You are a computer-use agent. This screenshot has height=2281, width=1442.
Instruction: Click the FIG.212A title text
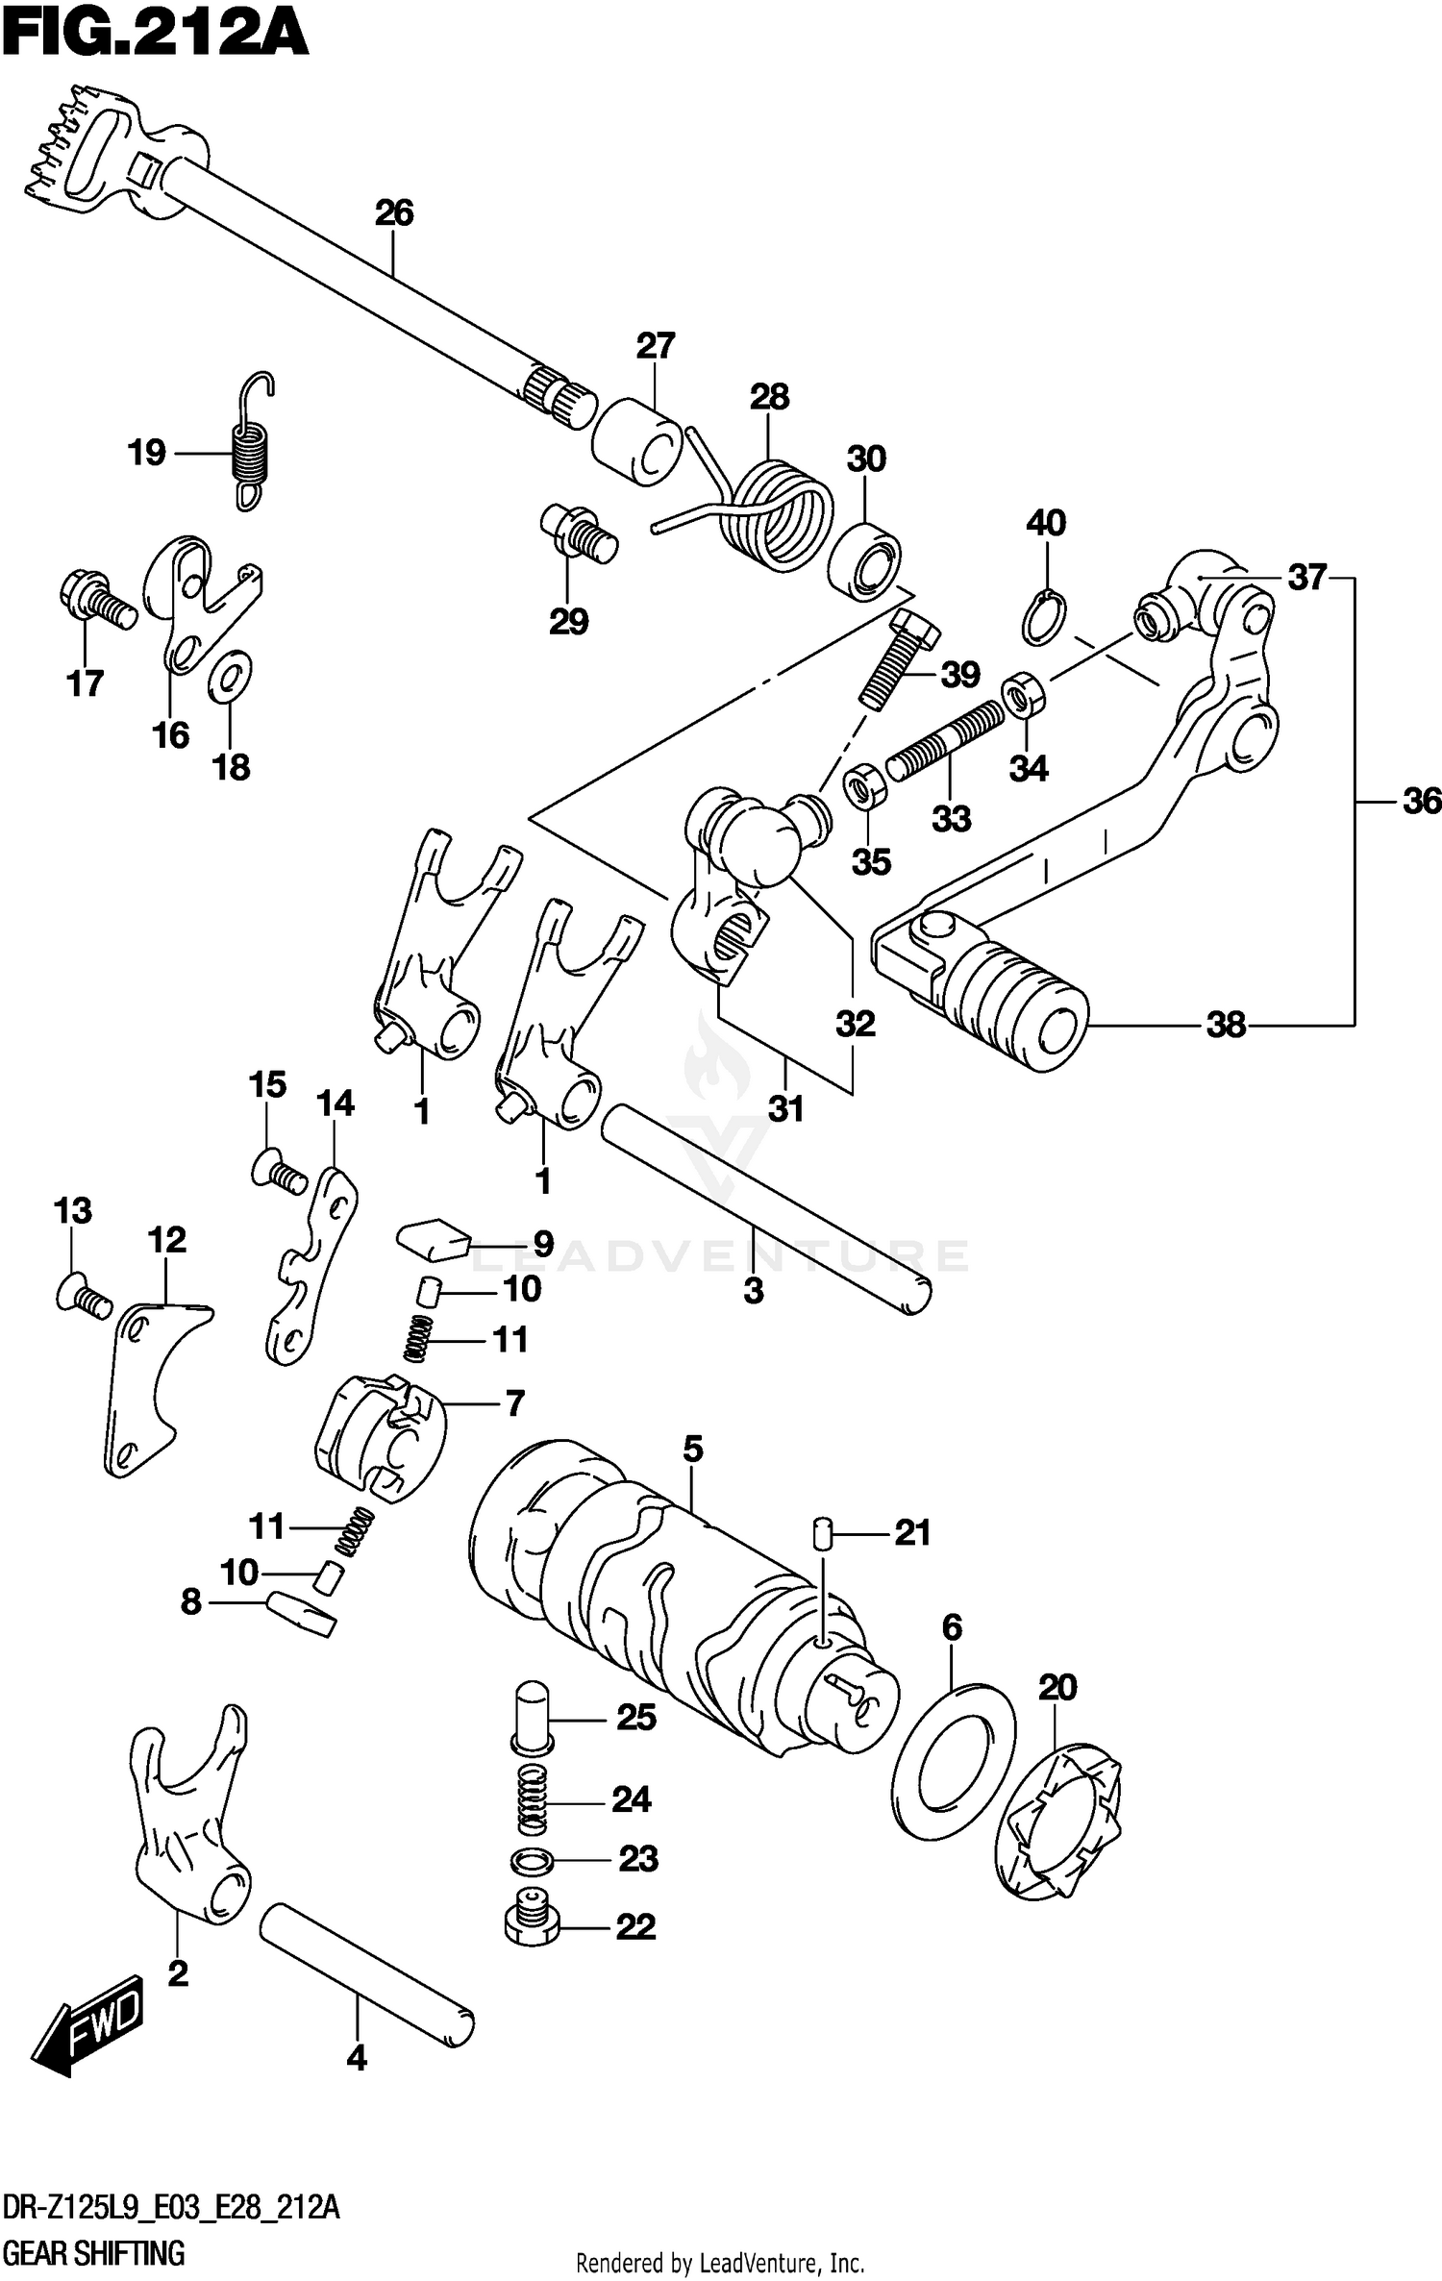click(x=154, y=37)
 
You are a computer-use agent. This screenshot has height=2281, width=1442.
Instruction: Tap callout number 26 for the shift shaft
click(x=394, y=213)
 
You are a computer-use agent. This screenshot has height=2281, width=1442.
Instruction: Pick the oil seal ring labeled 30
click(x=863, y=561)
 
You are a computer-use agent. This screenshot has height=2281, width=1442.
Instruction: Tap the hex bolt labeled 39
click(x=897, y=661)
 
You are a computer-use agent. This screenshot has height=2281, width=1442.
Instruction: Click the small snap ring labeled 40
click(x=1042, y=618)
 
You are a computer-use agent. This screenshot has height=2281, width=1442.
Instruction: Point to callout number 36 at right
click(x=1421, y=801)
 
